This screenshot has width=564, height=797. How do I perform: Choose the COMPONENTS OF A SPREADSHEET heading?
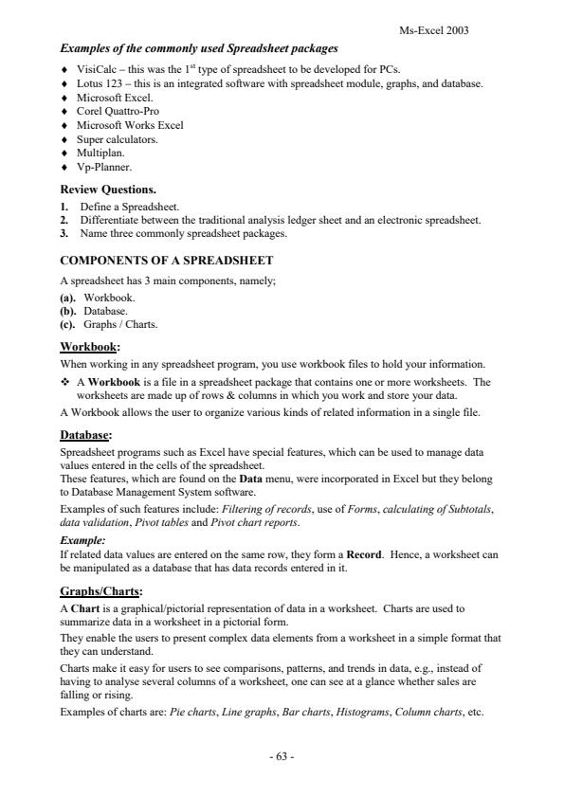tap(166, 260)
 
